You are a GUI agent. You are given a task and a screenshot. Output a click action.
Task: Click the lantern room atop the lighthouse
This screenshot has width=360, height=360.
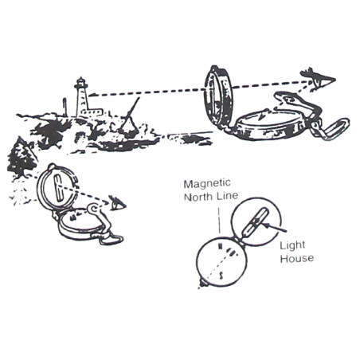(x=81, y=83)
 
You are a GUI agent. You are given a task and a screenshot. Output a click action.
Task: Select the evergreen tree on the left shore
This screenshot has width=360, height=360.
(x=22, y=158)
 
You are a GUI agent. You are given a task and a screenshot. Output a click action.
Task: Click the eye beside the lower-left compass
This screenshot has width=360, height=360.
(x=117, y=204)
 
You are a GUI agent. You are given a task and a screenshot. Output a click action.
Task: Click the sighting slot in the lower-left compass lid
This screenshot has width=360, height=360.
(x=57, y=188)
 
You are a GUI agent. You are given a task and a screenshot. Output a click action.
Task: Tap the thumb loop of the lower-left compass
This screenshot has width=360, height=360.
(x=112, y=239)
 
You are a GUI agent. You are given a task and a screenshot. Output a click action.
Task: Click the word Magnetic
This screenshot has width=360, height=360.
(x=207, y=183)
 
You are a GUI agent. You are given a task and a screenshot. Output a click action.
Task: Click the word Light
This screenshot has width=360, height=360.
(x=292, y=246)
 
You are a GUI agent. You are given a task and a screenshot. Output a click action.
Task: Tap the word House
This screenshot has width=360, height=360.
(x=297, y=258)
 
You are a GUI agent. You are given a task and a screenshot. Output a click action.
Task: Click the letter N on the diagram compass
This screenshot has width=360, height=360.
(x=220, y=247)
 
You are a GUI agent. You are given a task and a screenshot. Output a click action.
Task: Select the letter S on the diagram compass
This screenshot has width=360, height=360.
(x=221, y=276)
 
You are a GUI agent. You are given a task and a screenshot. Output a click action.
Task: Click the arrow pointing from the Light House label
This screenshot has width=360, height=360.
(x=275, y=228)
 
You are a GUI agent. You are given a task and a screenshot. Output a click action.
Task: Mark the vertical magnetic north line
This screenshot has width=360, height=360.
(x=220, y=221)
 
